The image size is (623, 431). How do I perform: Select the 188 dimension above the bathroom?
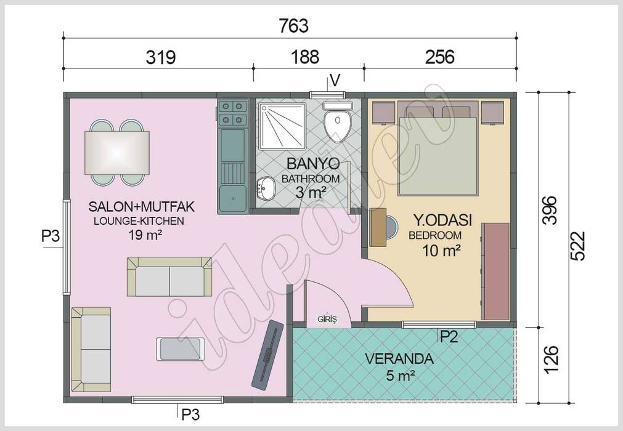pyautogui.click(x=306, y=57)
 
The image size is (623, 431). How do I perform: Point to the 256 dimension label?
pyautogui.click(x=439, y=57)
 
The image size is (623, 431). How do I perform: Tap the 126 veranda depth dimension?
pyautogui.click(x=552, y=359)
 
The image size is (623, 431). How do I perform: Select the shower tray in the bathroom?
pyautogui.click(x=281, y=126)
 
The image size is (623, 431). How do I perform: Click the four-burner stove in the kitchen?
pyautogui.click(x=232, y=113)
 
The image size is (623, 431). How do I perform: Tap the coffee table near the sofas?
pyautogui.click(x=180, y=349)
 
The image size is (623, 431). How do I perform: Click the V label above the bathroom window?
pyautogui.click(x=335, y=80)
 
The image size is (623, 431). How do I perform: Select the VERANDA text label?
pyautogui.click(x=399, y=359)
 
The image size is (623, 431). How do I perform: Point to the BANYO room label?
pyautogui.click(x=312, y=164)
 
